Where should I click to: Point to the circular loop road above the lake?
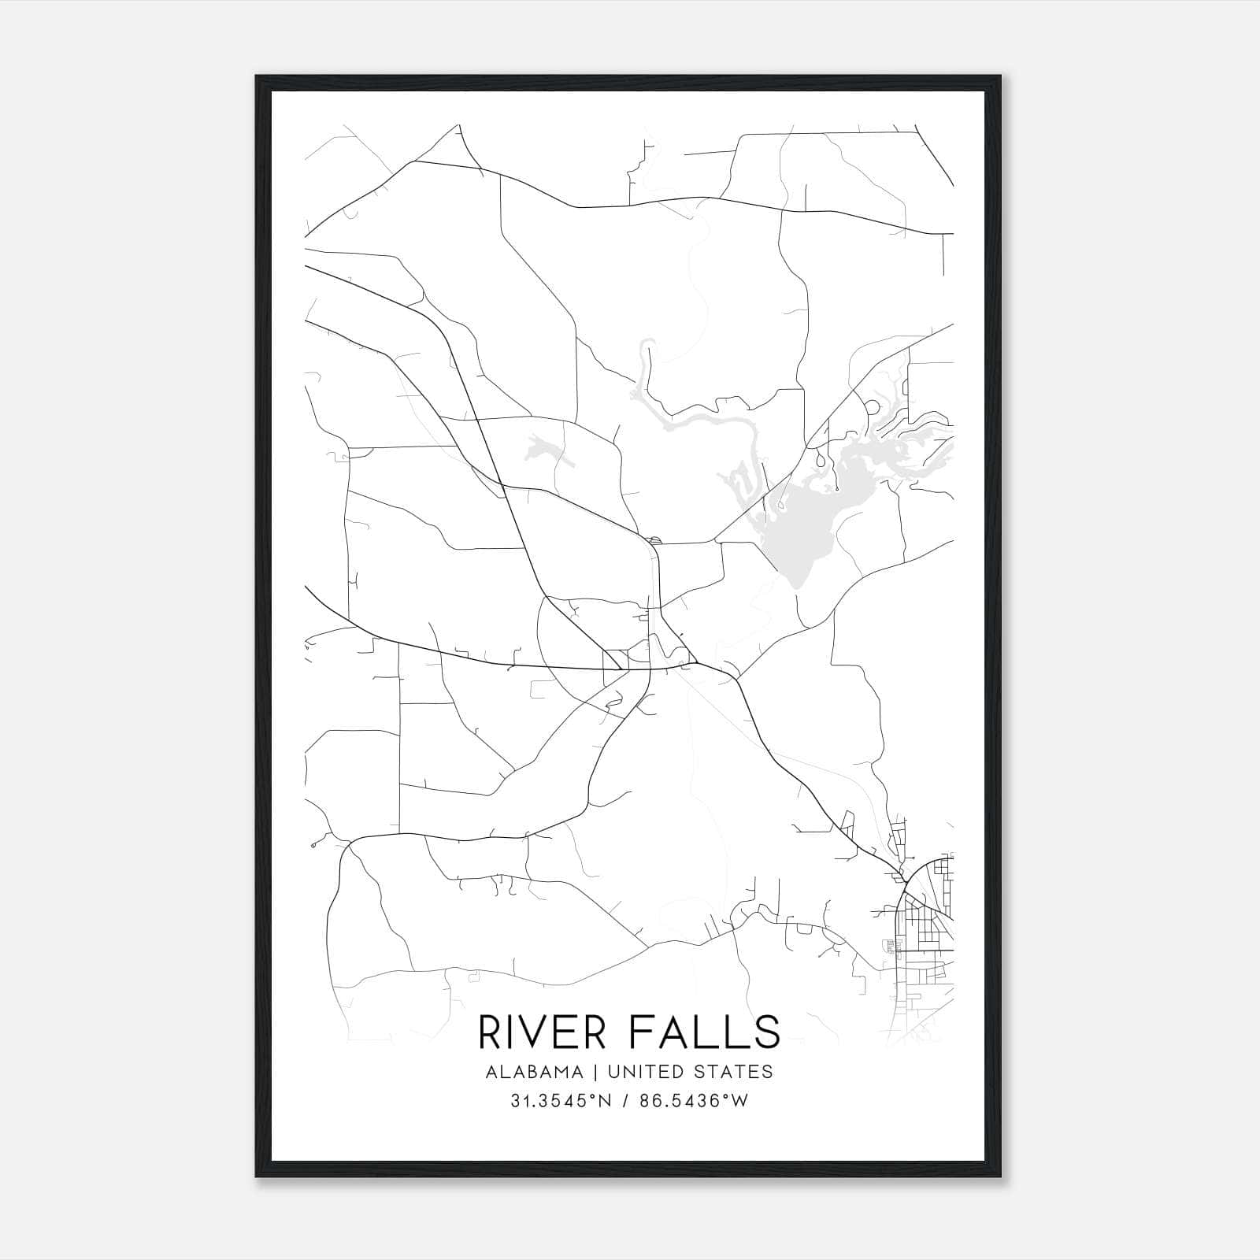(x=872, y=408)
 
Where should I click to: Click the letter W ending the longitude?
(x=740, y=1101)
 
